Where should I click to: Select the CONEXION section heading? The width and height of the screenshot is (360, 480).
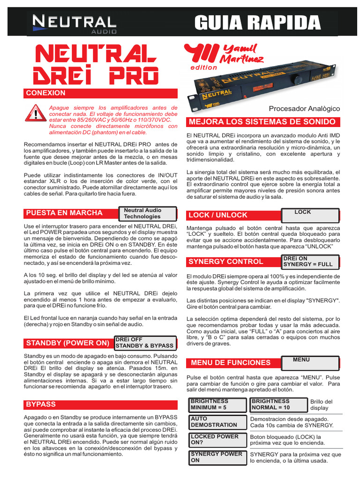click(x=46, y=93)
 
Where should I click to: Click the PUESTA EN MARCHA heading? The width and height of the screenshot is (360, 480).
click(x=64, y=213)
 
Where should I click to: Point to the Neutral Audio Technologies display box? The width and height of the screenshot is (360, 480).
click(x=148, y=214)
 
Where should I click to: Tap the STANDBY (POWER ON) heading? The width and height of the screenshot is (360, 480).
click(x=67, y=343)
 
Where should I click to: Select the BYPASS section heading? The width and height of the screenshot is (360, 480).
click(x=41, y=404)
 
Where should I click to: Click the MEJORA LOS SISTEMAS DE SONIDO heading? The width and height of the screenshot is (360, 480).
click(x=262, y=122)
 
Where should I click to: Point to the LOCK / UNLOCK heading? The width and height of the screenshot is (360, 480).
click(x=217, y=215)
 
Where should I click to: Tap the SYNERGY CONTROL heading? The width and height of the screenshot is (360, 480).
click(x=225, y=261)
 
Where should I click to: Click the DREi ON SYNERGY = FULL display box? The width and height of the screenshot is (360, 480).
click(x=310, y=261)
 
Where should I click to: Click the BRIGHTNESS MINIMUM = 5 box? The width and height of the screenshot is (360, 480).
click(x=217, y=405)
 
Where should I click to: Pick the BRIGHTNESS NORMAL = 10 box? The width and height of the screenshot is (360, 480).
click(x=278, y=405)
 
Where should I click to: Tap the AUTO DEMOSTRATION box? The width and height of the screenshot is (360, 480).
click(x=217, y=422)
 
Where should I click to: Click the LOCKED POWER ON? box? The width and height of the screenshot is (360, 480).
click(x=217, y=440)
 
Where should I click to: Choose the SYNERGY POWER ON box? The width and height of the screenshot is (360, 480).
click(x=217, y=457)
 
